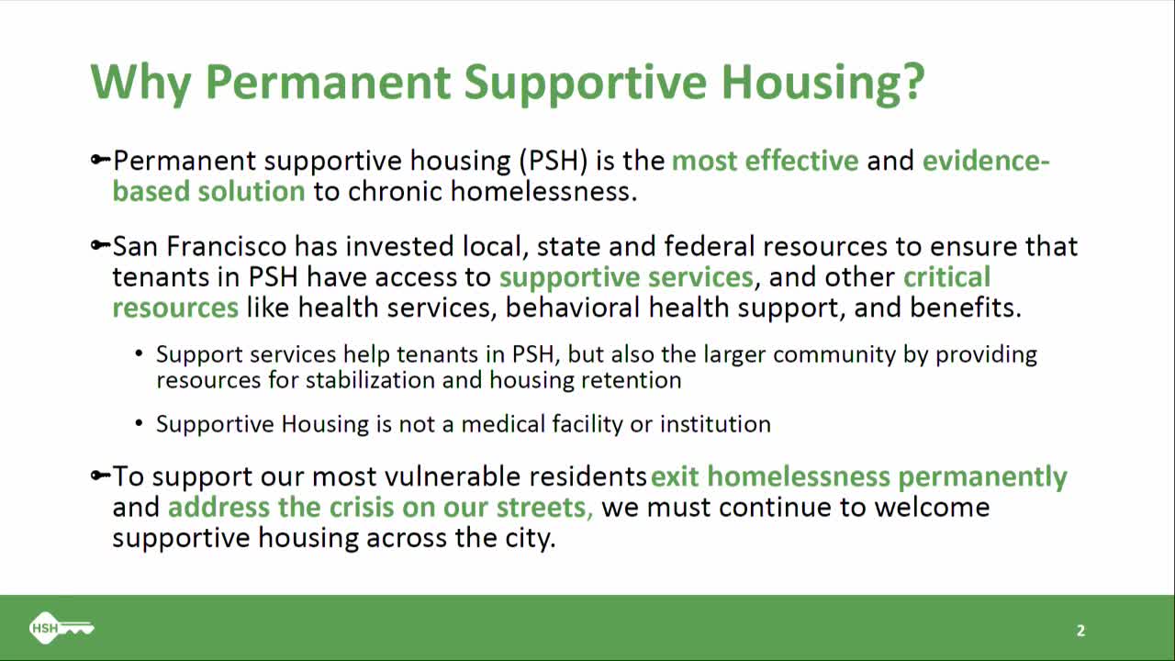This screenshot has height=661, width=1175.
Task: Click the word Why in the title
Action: pos(141,82)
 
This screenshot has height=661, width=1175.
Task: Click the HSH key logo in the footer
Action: pos(61,628)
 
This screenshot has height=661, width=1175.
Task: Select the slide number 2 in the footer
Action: pos(1080,631)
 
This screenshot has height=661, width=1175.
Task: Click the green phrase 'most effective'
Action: pos(765,161)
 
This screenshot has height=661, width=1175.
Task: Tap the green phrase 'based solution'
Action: pos(208,191)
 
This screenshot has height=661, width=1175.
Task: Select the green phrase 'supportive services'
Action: pos(626,277)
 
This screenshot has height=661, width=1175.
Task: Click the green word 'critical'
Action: pos(946,277)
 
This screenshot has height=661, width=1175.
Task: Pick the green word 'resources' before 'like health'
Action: pos(175,308)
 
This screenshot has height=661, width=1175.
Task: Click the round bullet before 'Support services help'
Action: pos(139,354)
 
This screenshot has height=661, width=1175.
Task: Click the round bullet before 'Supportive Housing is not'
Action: pos(139,424)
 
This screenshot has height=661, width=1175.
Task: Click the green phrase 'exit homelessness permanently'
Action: pos(858,476)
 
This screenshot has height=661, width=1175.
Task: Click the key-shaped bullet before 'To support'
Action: pos(100,476)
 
